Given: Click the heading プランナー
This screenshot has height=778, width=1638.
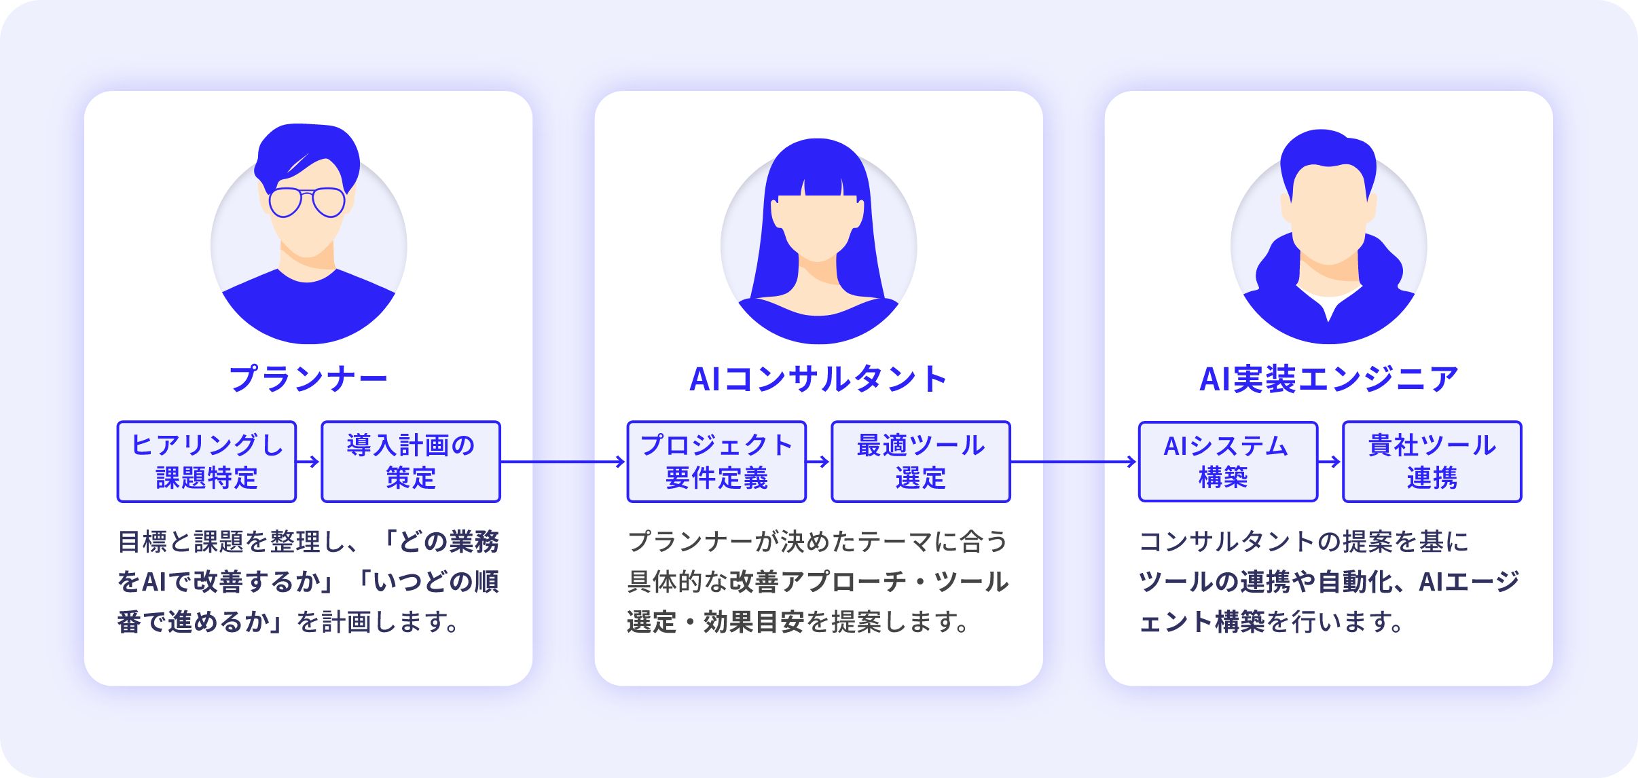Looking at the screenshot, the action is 308,379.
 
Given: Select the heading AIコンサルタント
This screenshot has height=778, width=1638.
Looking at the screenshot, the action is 818,379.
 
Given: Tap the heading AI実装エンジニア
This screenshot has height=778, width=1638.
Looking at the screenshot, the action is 1328,379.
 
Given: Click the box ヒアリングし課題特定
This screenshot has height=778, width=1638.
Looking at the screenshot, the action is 206,462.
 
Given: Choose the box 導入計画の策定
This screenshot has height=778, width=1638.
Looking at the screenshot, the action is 411,462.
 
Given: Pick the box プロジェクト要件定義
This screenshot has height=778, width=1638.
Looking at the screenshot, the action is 716,462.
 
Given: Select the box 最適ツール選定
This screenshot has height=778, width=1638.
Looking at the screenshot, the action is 921,462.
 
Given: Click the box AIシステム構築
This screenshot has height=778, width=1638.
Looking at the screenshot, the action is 1228,462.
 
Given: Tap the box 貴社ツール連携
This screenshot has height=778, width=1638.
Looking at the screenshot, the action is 1432,462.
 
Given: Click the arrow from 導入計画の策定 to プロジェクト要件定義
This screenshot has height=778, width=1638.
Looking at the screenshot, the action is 563,462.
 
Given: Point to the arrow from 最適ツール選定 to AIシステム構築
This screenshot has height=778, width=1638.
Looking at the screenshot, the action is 1074,462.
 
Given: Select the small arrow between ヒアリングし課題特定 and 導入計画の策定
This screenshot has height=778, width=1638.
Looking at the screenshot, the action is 308,462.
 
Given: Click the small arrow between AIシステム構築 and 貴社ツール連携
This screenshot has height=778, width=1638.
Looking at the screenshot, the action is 1330,462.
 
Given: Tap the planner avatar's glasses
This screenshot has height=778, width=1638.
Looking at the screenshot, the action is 307,202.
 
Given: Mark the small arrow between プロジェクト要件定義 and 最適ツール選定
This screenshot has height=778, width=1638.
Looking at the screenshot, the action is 818,462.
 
